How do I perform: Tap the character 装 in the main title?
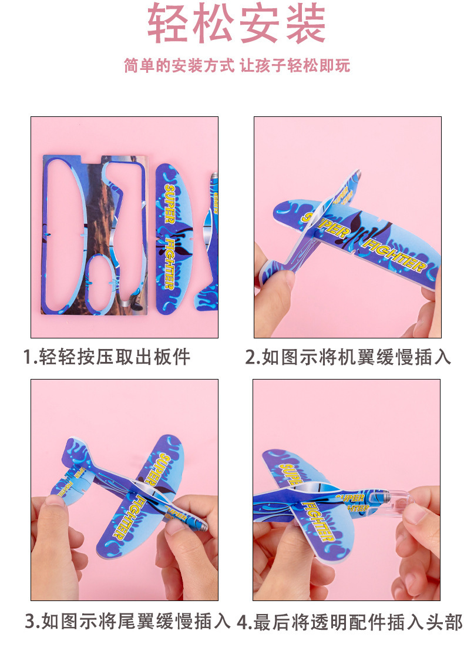[x=304, y=24]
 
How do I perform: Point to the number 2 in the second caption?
[x=251, y=357]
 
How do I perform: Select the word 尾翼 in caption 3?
[x=146, y=622]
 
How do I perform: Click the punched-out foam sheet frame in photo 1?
[x=94, y=235]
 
